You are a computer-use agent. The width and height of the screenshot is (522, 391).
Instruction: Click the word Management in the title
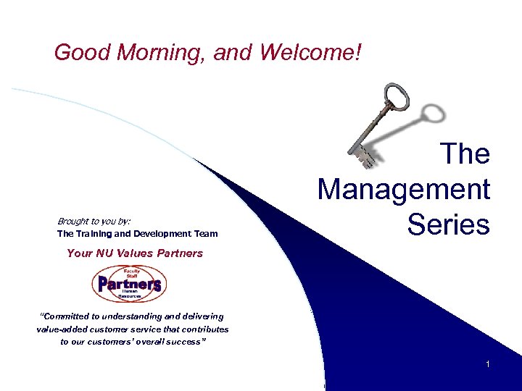(x=404, y=190)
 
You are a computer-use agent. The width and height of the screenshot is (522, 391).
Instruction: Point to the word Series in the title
(x=449, y=224)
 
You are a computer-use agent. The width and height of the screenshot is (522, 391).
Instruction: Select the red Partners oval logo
(x=129, y=284)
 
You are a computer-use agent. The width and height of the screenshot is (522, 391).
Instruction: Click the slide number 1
(x=488, y=364)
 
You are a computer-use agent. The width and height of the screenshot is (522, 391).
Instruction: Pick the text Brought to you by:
(x=94, y=221)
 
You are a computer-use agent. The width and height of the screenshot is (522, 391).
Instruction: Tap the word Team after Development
(x=205, y=234)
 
